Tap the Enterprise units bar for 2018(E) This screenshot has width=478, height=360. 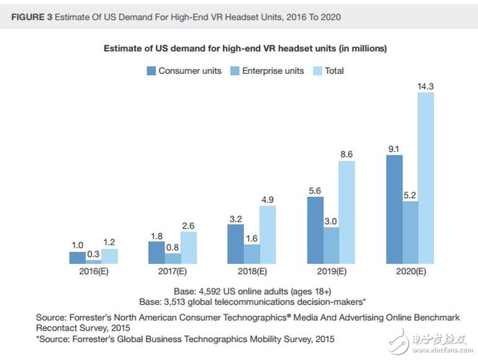[x=251, y=253]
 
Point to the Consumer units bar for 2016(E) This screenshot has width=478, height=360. [x=78, y=258]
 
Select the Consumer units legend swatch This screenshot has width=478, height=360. [x=151, y=71]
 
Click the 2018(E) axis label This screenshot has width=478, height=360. [x=251, y=271]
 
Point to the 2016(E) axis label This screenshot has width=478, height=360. [x=94, y=271]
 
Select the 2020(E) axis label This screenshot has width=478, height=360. [x=410, y=271]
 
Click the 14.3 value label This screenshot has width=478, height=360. [x=426, y=86]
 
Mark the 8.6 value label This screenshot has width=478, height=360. [x=346, y=155]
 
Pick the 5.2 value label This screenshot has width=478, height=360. [x=410, y=195]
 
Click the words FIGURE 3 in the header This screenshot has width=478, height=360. [x=31, y=17]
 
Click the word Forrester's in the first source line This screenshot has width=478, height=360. [x=92, y=317]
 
